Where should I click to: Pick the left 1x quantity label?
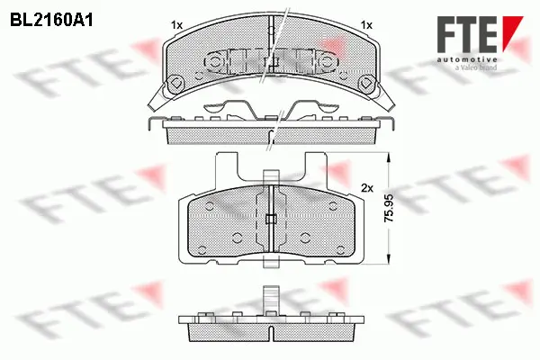(x=176, y=24)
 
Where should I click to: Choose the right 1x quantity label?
(x=366, y=24)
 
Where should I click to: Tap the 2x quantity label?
(x=366, y=189)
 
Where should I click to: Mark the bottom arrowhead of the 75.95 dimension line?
(x=388, y=263)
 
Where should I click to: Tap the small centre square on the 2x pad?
(x=270, y=219)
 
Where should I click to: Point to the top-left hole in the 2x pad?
(x=208, y=204)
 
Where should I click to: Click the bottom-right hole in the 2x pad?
(x=306, y=238)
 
